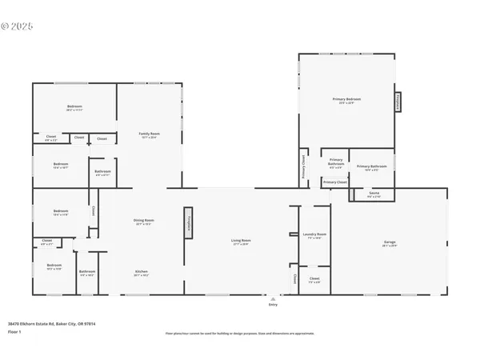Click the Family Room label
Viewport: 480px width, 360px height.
pyautogui.click(x=148, y=134)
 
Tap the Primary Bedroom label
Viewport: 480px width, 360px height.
pyautogui.click(x=346, y=100)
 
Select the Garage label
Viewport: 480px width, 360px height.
pyautogui.click(x=390, y=245)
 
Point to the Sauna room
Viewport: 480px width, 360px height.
pyautogui.click(x=374, y=194)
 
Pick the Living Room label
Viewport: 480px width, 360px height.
pyautogui.click(x=241, y=242)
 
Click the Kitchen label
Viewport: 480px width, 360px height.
pyautogui.click(x=142, y=272)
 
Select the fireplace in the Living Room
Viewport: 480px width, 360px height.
pyautogui.click(x=188, y=223)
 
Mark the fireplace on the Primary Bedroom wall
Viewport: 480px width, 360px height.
pyautogui.click(x=398, y=102)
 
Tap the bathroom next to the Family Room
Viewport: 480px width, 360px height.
pyautogui.click(x=102, y=172)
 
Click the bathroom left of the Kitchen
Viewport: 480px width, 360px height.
pyautogui.click(x=87, y=273)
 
